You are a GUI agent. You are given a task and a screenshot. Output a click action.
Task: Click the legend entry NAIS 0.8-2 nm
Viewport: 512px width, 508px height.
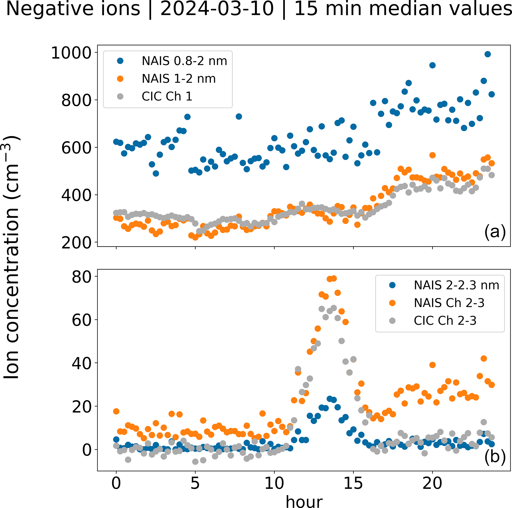tap(184, 61)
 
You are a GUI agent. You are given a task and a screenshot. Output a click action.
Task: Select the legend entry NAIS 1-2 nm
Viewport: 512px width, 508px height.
tap(178, 79)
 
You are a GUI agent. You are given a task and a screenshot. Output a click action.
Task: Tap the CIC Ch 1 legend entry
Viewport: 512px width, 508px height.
tap(167, 96)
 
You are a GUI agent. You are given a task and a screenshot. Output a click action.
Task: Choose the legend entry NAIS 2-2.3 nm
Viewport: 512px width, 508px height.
tap(456, 285)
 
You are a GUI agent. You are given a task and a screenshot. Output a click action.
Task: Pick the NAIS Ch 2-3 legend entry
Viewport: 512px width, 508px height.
tap(449, 303)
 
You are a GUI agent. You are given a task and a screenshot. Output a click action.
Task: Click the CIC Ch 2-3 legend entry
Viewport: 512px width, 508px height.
tap(445, 321)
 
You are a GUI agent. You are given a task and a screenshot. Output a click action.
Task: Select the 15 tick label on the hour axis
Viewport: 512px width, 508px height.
tap(353, 483)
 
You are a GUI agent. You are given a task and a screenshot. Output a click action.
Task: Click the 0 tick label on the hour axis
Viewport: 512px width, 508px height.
tap(116, 483)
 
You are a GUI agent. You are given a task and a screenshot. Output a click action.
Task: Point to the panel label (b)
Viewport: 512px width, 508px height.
tap(495, 457)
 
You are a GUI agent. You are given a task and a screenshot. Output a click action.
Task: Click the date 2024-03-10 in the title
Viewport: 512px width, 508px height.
tap(217, 8)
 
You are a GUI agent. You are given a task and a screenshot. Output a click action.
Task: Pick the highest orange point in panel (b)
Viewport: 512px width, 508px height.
tap(334, 278)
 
